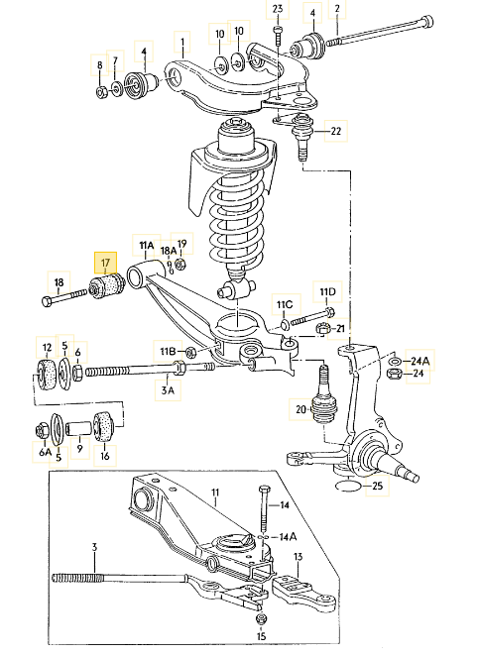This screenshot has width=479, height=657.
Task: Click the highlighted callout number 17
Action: coord(105,264)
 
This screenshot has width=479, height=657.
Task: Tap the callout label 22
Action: coord(336,131)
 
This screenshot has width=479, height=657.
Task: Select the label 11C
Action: coord(285,304)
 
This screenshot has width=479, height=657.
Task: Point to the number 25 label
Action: coord(378,486)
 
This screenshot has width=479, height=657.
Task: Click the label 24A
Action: coord(420,361)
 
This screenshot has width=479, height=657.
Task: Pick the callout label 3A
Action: coord(168,390)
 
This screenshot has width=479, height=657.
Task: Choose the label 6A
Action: coord(45,452)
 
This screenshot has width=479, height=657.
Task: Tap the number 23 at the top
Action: coord(278,8)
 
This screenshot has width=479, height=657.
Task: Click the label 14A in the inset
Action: coord(288,536)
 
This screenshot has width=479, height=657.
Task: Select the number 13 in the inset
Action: coord(298,557)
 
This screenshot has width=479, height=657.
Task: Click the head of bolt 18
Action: coord(47,301)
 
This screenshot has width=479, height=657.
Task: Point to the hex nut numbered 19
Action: coord(180,265)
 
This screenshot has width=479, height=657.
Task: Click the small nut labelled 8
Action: coord(101,91)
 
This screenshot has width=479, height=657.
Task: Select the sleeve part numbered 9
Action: coord(79,429)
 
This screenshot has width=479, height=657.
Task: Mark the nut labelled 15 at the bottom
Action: coord(261,618)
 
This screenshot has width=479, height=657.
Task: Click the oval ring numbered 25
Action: coord(348,486)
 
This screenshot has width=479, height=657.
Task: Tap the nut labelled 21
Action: coord(322,329)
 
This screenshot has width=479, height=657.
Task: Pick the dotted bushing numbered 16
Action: coord(103,426)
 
